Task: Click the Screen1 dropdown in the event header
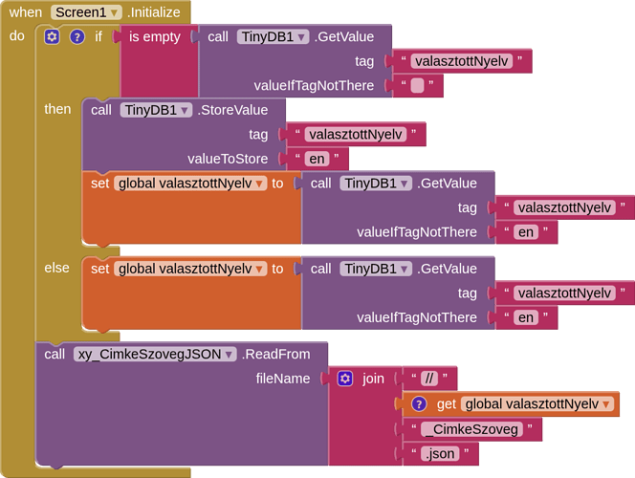click(87, 12)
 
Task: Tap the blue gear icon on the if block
click(52, 36)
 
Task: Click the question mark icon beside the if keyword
click(77, 36)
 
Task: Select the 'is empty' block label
click(155, 36)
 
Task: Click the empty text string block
click(417, 86)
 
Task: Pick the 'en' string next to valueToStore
click(317, 159)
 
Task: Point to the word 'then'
click(57, 109)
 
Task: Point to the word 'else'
click(57, 268)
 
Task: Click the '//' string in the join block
click(428, 378)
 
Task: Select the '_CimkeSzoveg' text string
click(473, 429)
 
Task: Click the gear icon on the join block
click(345, 379)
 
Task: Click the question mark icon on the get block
click(418, 403)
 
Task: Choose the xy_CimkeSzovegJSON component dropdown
click(155, 354)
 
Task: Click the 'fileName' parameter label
click(283, 379)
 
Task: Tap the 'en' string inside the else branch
click(525, 317)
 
